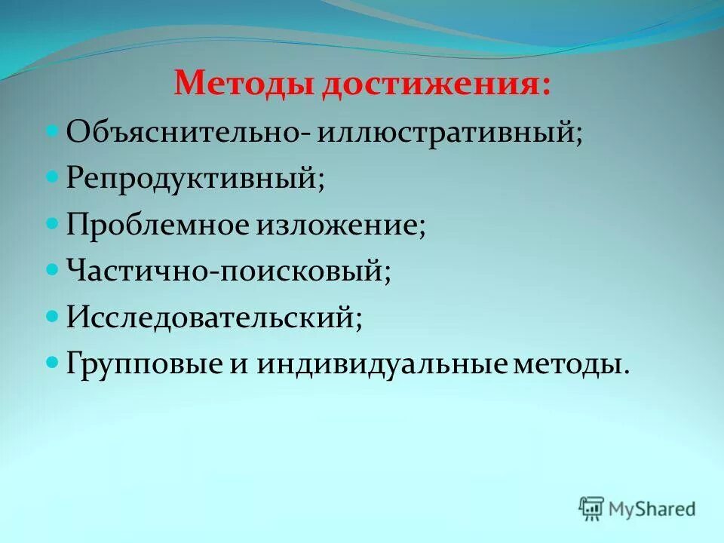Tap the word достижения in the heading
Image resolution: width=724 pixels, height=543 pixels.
coord(437,84)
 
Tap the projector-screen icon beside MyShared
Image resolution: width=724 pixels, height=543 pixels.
coord(592,509)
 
